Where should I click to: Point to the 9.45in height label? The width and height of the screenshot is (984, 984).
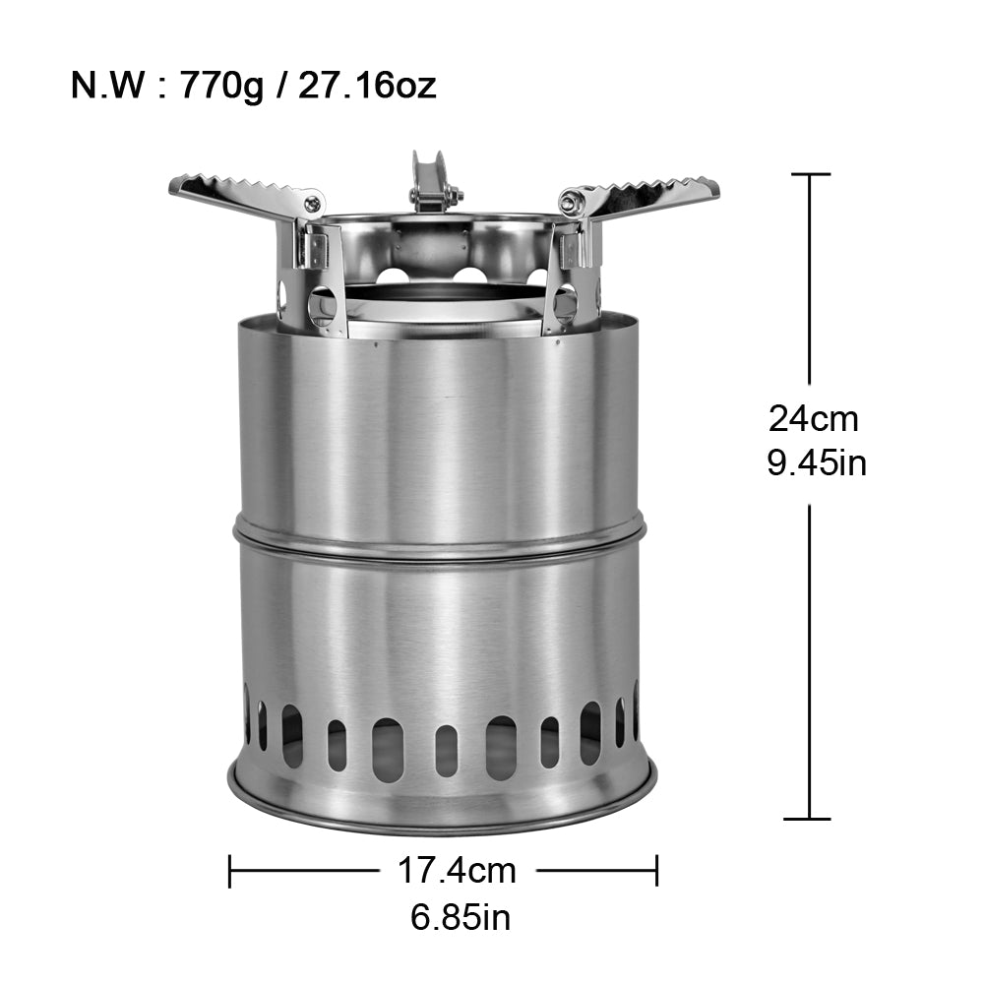[817, 462]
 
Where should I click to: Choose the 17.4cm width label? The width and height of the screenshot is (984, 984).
[457, 870]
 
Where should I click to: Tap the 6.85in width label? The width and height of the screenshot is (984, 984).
[461, 917]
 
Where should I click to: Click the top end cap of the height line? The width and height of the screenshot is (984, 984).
[810, 175]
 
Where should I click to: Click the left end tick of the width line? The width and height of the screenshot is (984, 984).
[229, 870]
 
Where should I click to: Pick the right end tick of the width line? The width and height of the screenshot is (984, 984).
[656, 870]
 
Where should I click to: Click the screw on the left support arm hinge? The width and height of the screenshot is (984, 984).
[312, 205]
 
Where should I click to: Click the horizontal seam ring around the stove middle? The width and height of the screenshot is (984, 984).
[439, 536]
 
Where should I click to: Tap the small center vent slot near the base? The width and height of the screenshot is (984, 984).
[446, 750]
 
